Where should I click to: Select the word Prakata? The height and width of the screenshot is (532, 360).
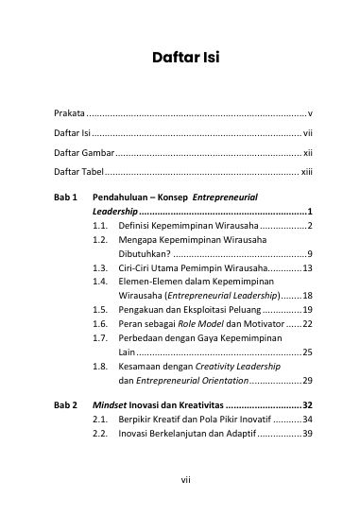click(x=68, y=113)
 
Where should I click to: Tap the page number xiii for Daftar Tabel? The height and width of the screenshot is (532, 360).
click(x=307, y=172)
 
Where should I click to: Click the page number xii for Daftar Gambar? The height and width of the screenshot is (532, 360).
click(x=308, y=152)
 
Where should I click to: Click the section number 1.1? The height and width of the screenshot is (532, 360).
click(x=100, y=227)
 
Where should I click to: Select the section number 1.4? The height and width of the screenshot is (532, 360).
click(x=100, y=282)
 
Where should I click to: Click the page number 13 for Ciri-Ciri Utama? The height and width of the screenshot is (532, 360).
click(x=307, y=268)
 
